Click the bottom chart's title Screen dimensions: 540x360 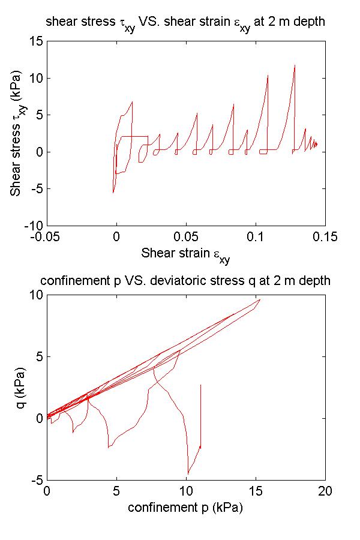(x=185, y=281)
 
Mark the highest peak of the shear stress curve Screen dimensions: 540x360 (x=295, y=65)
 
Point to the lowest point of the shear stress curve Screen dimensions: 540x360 (x=113, y=193)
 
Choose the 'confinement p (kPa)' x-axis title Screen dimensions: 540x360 (x=186, y=507)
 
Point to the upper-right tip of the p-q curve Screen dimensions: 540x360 (x=260, y=299)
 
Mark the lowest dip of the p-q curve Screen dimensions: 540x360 (x=188, y=474)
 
